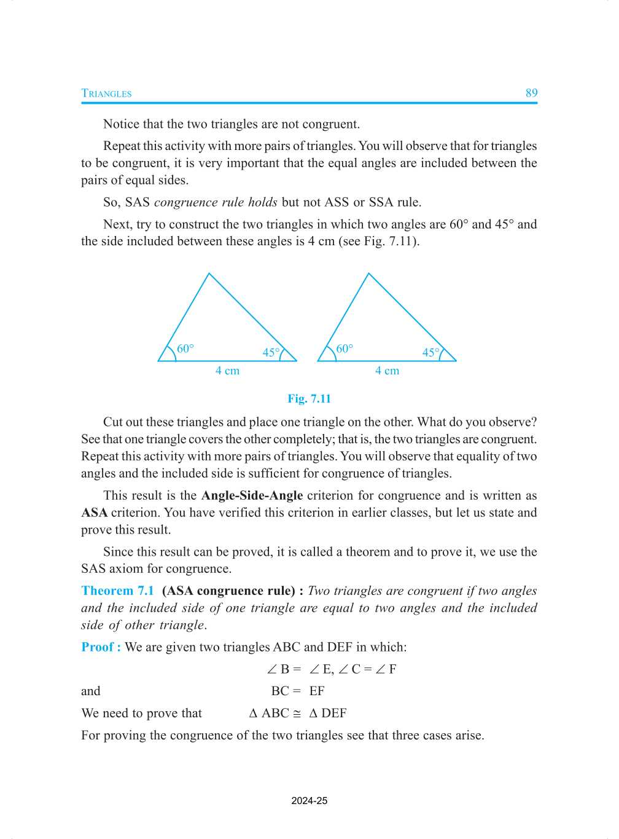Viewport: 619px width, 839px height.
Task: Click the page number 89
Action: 531,93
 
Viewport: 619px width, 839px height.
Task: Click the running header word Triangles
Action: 106,93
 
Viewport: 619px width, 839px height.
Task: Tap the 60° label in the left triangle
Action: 185,349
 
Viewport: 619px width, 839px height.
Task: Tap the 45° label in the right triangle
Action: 431,353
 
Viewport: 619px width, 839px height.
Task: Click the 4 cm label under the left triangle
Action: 227,371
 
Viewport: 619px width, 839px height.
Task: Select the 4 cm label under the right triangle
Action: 387,371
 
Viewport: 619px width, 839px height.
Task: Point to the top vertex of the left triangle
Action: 209,274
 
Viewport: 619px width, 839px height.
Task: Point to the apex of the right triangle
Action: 369,274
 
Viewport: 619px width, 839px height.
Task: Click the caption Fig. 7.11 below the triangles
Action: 309,399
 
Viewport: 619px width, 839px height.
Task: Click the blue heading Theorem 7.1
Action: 117,591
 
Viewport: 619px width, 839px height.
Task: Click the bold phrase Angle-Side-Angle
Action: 252,495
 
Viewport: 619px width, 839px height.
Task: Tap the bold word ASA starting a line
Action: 94,513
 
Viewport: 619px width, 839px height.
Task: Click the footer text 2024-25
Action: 309,801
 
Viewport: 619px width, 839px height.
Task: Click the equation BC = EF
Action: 298,691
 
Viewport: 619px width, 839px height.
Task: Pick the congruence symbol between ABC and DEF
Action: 297,714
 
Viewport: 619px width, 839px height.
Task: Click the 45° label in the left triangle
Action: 271,353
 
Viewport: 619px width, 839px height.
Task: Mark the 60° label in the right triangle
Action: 345,349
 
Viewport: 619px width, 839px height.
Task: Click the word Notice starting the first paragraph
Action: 121,124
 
